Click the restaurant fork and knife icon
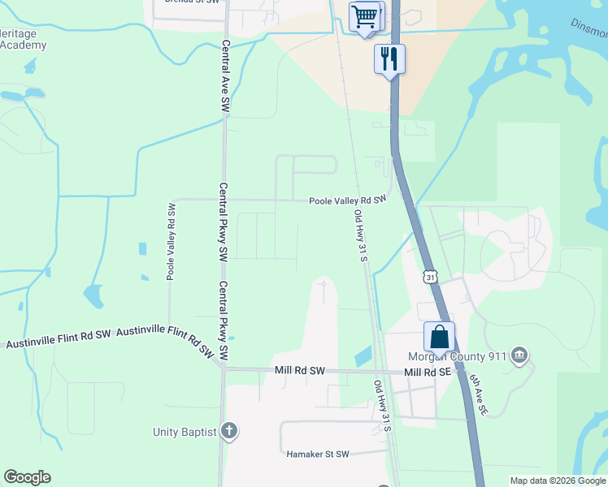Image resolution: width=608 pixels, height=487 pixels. tap(389, 58)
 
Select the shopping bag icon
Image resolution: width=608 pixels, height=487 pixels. tap(439, 336)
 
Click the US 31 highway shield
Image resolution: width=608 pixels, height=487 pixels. tap(429, 277)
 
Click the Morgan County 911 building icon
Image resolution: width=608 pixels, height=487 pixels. tap(520, 355)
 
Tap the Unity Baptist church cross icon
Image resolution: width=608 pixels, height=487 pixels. tap(229, 431)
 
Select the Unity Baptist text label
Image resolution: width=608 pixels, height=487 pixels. tap(185, 432)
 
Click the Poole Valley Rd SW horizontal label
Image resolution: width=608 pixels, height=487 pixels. tap(346, 200)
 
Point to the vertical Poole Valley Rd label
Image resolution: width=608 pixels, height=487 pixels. tap(172, 242)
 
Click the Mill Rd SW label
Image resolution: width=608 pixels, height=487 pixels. tap(299, 371)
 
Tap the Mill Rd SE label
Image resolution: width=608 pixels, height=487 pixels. tap(427, 372)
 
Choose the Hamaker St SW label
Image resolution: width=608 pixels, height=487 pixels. tap(318, 455)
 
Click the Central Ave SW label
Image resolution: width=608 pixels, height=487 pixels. tap(226, 76)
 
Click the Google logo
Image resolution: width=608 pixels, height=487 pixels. tap(27, 477)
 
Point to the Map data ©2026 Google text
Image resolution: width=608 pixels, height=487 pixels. tap(557, 481)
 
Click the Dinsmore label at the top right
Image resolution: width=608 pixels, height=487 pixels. tap(589, 29)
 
